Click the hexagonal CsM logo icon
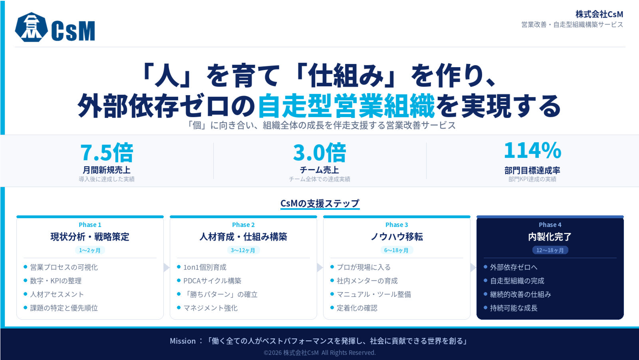32,27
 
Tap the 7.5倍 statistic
107,152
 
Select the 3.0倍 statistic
319,152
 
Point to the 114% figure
532,150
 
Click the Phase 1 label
90,225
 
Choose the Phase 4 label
550,225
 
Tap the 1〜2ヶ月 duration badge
90,250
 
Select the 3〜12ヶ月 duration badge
243,250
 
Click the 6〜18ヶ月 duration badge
397,250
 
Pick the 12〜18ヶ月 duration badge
550,250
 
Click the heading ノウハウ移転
397,237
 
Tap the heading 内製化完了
550,237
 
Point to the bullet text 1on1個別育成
205,267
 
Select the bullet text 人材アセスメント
57,294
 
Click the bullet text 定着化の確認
357,308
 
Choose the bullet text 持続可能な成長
514,308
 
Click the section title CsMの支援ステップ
320,203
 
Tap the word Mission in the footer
183,341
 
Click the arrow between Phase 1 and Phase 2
167,267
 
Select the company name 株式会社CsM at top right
599,14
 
